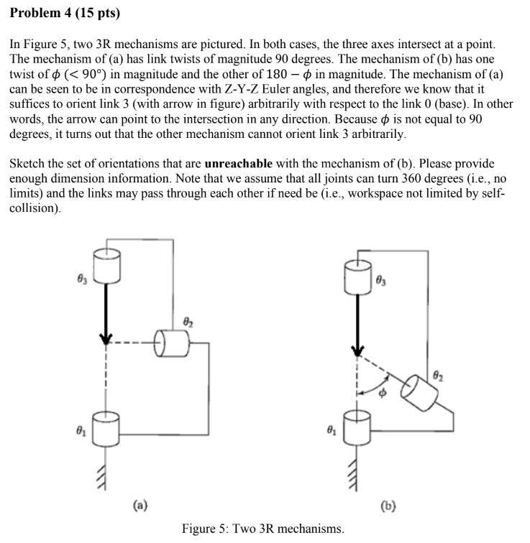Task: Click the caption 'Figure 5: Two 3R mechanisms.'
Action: click(x=263, y=529)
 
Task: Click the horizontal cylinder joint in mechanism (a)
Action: click(x=172, y=344)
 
